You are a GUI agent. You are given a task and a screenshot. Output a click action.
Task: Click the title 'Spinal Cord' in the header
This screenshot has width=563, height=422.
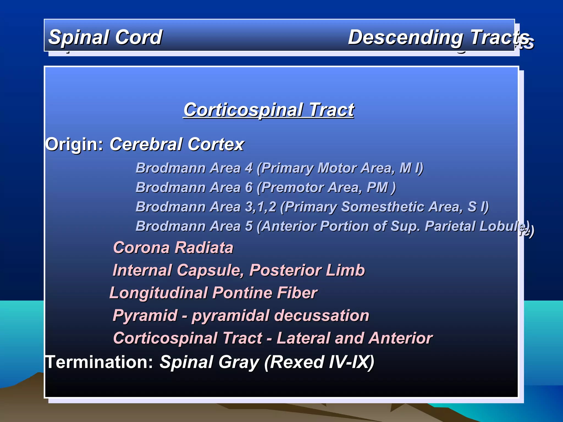tap(105, 37)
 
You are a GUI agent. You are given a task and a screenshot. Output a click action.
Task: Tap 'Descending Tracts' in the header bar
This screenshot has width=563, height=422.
tap(438, 37)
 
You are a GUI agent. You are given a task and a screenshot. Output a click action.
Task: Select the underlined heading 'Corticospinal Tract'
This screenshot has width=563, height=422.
tap(269, 110)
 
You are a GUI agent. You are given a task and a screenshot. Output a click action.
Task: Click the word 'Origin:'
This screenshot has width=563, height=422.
tap(74, 144)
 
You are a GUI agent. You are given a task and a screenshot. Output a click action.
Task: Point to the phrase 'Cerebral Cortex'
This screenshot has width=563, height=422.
tap(177, 144)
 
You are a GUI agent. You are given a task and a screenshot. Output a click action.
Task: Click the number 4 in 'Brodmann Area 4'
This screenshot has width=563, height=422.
tap(249, 168)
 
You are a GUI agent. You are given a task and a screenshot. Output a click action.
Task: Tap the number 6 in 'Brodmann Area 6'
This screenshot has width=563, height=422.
tap(249, 187)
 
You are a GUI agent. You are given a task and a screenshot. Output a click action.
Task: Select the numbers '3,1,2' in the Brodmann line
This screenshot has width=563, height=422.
tap(261, 207)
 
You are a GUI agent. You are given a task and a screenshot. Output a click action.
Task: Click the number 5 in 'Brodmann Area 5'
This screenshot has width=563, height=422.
tap(249, 226)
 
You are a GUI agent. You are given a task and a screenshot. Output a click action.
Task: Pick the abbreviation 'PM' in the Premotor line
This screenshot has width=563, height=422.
tap(377, 187)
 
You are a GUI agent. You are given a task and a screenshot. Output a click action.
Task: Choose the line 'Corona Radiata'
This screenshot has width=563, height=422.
tap(173, 248)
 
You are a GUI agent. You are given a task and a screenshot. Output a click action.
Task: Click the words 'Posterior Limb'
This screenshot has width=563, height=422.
tap(307, 270)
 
